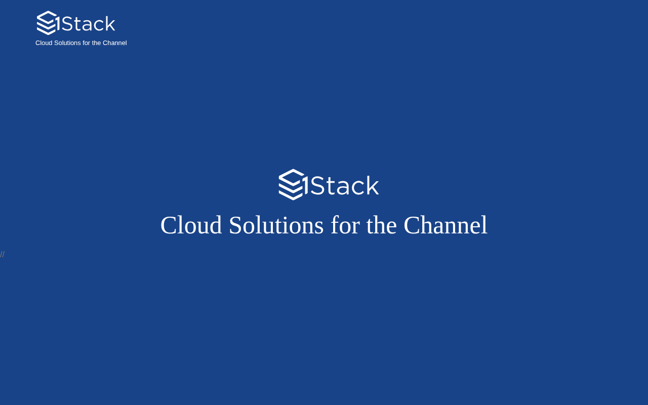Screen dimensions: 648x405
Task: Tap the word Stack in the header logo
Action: click(x=89, y=24)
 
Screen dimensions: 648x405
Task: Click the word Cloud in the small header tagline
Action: click(x=44, y=43)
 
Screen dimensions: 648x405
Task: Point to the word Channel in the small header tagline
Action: click(x=115, y=43)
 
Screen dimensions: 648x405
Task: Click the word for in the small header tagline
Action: click(x=86, y=43)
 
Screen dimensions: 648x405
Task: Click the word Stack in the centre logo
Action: click(x=344, y=186)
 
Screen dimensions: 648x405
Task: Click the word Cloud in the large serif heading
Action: click(x=191, y=225)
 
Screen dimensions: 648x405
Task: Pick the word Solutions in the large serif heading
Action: click(x=276, y=225)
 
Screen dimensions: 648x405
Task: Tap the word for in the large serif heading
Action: click(x=345, y=225)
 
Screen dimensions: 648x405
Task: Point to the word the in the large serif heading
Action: click(x=382, y=225)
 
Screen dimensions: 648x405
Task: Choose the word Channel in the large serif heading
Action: click(x=445, y=225)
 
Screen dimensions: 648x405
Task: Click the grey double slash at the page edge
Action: click(x=3, y=254)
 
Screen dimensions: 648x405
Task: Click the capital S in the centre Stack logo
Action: click(x=317, y=186)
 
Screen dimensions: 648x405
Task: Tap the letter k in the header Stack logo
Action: click(x=110, y=23)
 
